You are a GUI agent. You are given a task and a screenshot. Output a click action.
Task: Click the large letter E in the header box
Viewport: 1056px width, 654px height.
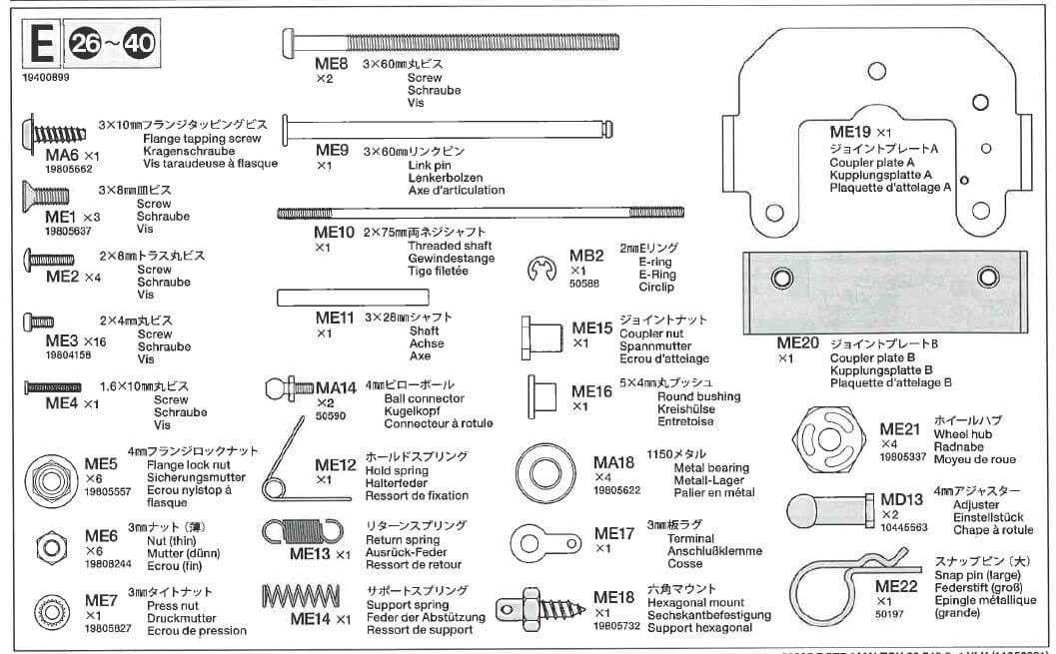point(40,46)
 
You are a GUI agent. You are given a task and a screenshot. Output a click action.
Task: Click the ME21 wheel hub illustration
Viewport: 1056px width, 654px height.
point(828,436)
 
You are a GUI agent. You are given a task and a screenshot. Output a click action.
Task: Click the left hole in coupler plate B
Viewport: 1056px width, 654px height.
point(781,276)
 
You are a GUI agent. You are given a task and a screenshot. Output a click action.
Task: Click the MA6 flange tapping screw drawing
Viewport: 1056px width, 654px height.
point(44,133)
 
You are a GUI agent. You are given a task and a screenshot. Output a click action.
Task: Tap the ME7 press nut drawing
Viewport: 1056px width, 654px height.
point(46,608)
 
